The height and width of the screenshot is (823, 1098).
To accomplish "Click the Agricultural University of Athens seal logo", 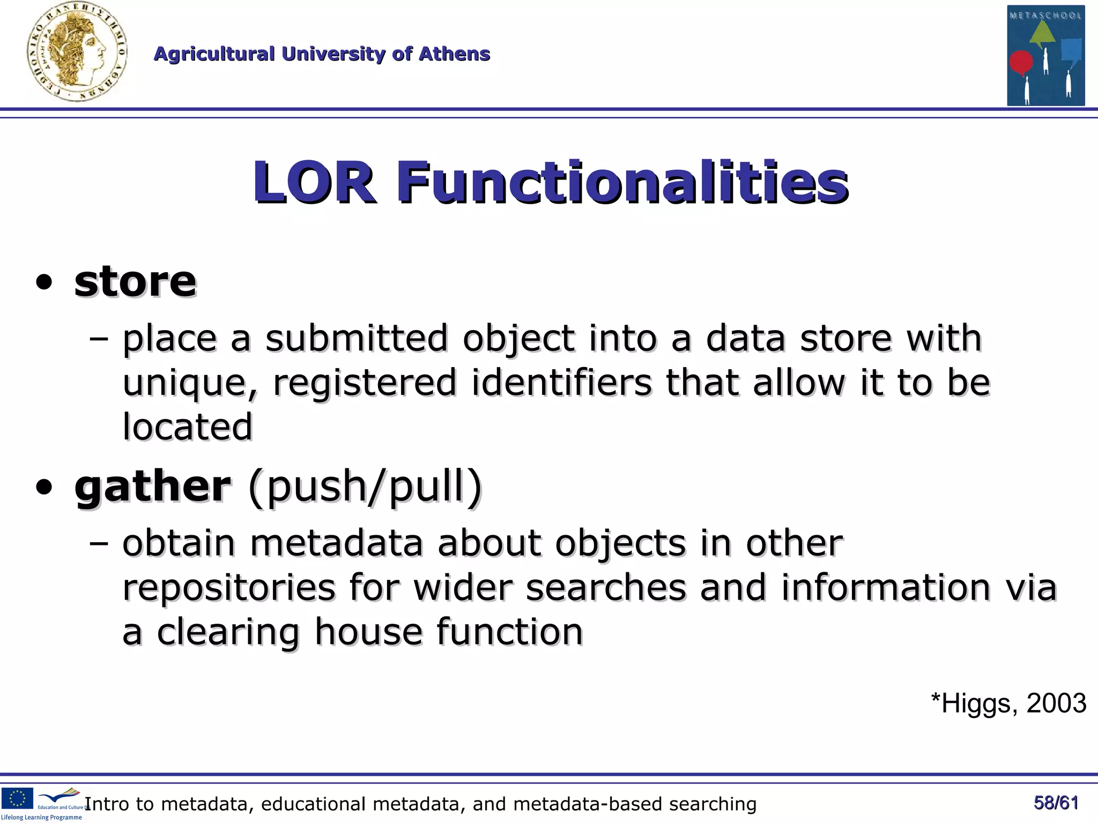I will (x=77, y=53).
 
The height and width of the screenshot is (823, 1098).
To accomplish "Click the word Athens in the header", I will (x=454, y=54).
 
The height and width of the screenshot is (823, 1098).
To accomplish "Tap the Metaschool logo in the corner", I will (x=1045, y=55).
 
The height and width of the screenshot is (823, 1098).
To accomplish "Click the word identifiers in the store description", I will (x=561, y=383).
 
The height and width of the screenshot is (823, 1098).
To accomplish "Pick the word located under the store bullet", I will (x=187, y=427).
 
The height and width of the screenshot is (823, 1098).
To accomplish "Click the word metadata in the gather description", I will (x=337, y=543).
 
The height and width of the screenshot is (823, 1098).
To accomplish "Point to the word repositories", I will (x=229, y=588).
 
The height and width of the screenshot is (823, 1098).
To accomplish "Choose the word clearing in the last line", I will (x=228, y=632).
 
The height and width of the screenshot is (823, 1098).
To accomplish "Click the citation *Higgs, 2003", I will (x=1008, y=703).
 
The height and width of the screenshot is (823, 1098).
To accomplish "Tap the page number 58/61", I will (x=1056, y=803).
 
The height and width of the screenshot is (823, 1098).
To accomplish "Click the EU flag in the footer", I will (x=17, y=798).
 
